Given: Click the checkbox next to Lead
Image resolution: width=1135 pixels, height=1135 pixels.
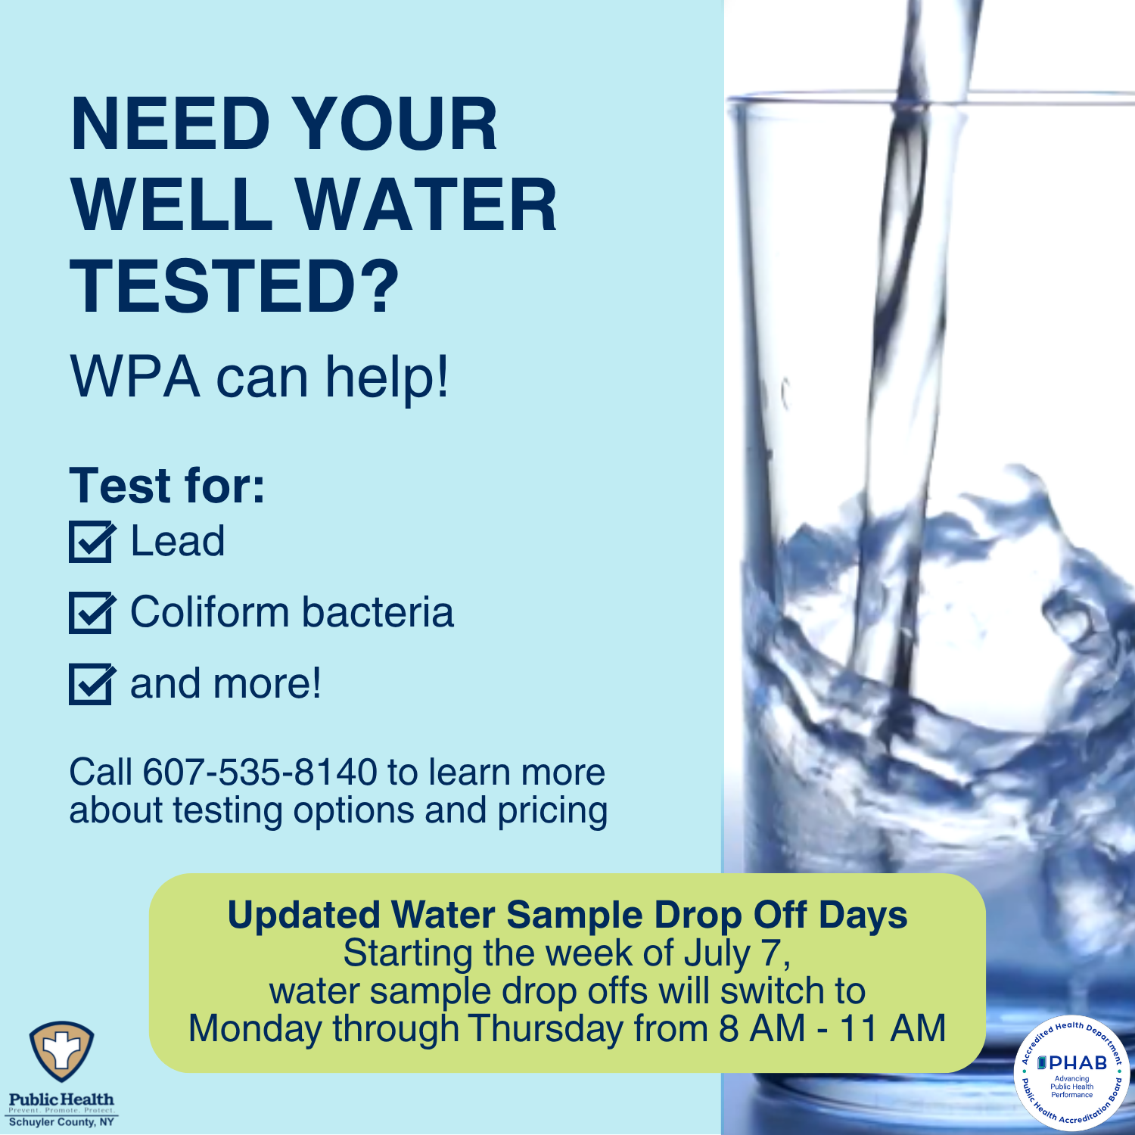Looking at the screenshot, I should coord(91,542).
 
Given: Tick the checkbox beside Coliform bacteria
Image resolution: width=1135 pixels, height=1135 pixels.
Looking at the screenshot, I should coord(91,613).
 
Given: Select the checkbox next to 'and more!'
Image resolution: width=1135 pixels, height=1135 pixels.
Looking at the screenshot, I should coord(91,684).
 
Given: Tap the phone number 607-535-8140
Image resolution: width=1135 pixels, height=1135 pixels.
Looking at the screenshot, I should coord(260,773).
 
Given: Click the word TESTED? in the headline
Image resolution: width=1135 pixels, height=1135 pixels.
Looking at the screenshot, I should coord(235,286).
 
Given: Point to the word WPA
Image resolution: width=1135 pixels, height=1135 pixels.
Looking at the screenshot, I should coord(135,376).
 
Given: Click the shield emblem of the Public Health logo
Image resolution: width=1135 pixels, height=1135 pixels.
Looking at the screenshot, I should coord(61,1053).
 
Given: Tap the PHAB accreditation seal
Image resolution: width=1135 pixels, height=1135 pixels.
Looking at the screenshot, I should coord(1071,1073).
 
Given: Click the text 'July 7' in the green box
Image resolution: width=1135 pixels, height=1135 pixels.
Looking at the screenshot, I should coord(737,953).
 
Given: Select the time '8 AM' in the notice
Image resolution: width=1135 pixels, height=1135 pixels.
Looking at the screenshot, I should coord(762,1029).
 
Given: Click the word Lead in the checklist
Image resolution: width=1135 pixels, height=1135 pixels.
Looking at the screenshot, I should coord(178,542).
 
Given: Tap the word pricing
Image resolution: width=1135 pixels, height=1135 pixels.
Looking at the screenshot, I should coord(552,811).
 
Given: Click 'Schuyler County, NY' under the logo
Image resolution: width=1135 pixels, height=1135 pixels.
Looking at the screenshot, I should coord(61,1121).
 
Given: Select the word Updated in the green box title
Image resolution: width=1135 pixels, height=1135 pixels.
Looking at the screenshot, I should coord(304,915).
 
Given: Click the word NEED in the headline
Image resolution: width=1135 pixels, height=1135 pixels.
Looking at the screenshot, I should coord(170,125).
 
